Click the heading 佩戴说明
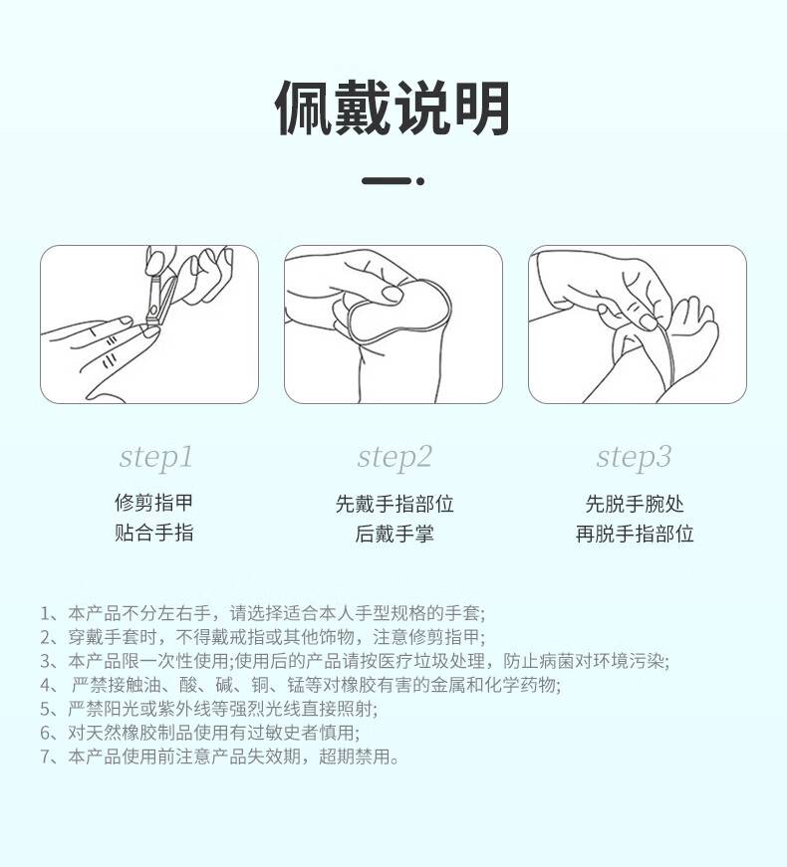point(393,108)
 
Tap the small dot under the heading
point(420,181)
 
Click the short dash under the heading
point(386,181)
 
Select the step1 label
point(155,457)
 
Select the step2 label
point(394,457)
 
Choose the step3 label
point(635,457)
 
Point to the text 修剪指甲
point(153,503)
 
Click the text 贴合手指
point(153,534)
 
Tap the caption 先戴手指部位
point(394,504)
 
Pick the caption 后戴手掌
point(394,534)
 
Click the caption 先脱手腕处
point(635,504)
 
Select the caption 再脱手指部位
point(635,534)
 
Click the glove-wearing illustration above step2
point(393,325)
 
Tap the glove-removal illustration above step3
point(637,325)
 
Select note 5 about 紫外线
point(209,709)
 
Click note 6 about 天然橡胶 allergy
point(199,733)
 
